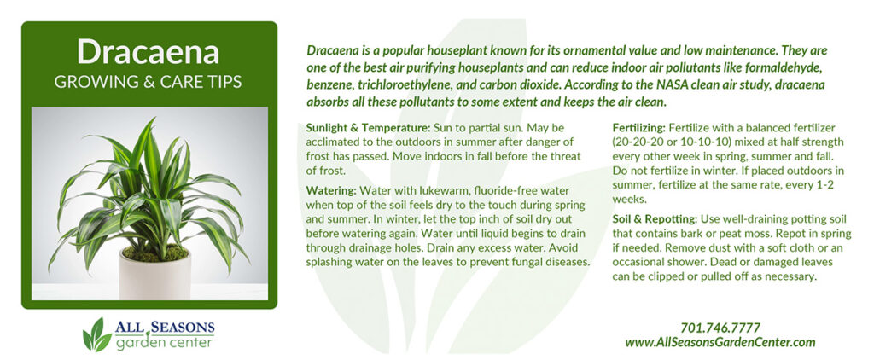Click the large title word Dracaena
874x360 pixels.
click(x=149, y=52)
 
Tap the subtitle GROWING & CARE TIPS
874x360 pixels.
click(x=149, y=83)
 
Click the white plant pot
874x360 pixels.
click(x=154, y=274)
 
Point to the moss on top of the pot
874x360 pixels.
click(x=155, y=253)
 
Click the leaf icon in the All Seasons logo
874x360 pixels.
click(x=96, y=334)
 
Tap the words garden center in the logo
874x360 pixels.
click(x=164, y=341)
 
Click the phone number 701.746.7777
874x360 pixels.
click(x=720, y=328)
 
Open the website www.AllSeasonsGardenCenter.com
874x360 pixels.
click(x=720, y=342)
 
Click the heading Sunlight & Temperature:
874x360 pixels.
click(x=361, y=128)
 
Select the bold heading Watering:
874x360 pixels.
click(x=331, y=190)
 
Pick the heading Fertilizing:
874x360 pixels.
click(x=638, y=128)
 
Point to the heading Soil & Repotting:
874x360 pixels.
click(x=655, y=218)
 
